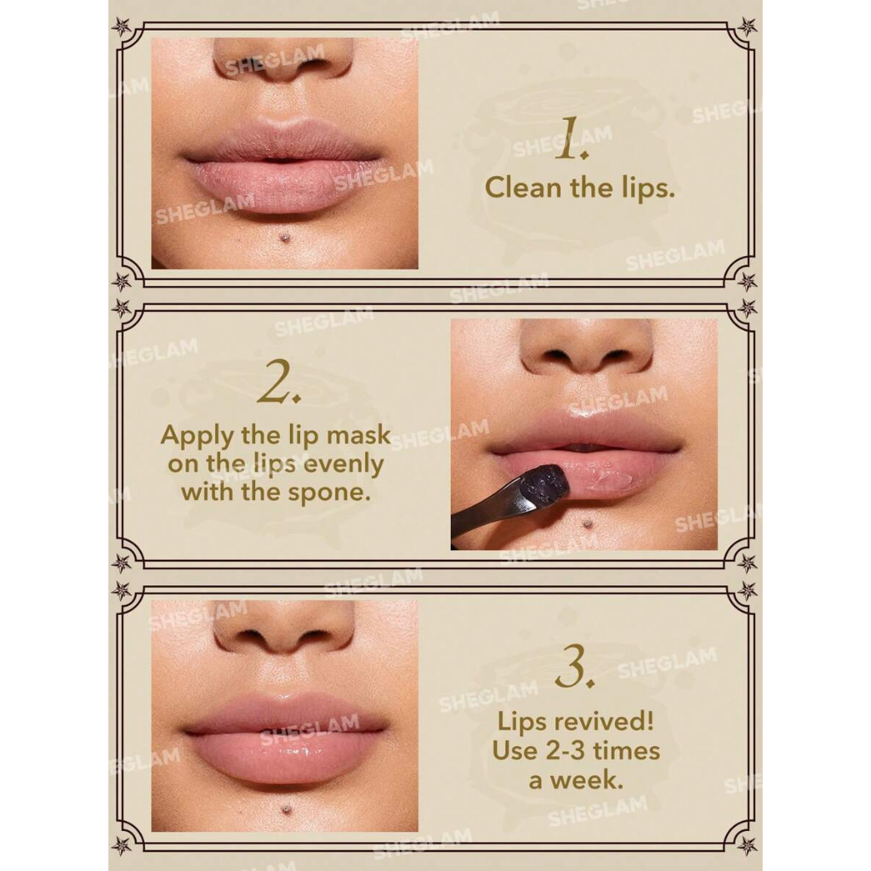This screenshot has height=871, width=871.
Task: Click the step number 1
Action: pyautogui.click(x=571, y=139)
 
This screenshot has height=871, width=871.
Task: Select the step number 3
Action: pyautogui.click(x=575, y=666)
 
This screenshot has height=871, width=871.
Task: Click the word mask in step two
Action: pyautogui.click(x=358, y=435)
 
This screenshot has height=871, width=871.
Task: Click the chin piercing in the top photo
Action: pyautogui.click(x=286, y=238)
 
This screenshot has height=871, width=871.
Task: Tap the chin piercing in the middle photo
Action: pyautogui.click(x=585, y=523)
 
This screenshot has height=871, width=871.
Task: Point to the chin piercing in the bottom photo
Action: pyautogui.click(x=287, y=810)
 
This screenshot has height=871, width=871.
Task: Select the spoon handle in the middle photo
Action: pyautogui.click(x=484, y=511)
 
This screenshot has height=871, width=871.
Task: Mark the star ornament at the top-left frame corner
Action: pyautogui.click(x=121, y=26)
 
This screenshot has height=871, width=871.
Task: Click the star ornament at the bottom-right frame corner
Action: pyautogui.click(x=748, y=845)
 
